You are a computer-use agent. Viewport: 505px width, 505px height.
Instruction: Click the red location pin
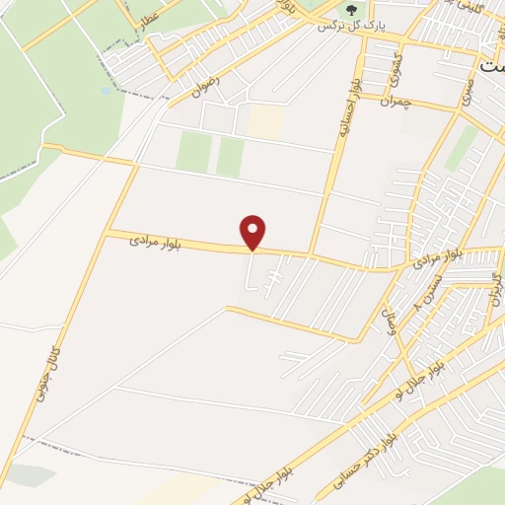(x=253, y=232)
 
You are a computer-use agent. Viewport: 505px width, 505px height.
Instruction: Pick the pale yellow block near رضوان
(x=264, y=121)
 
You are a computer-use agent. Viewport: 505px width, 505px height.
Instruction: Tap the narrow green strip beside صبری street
(x=462, y=147)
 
